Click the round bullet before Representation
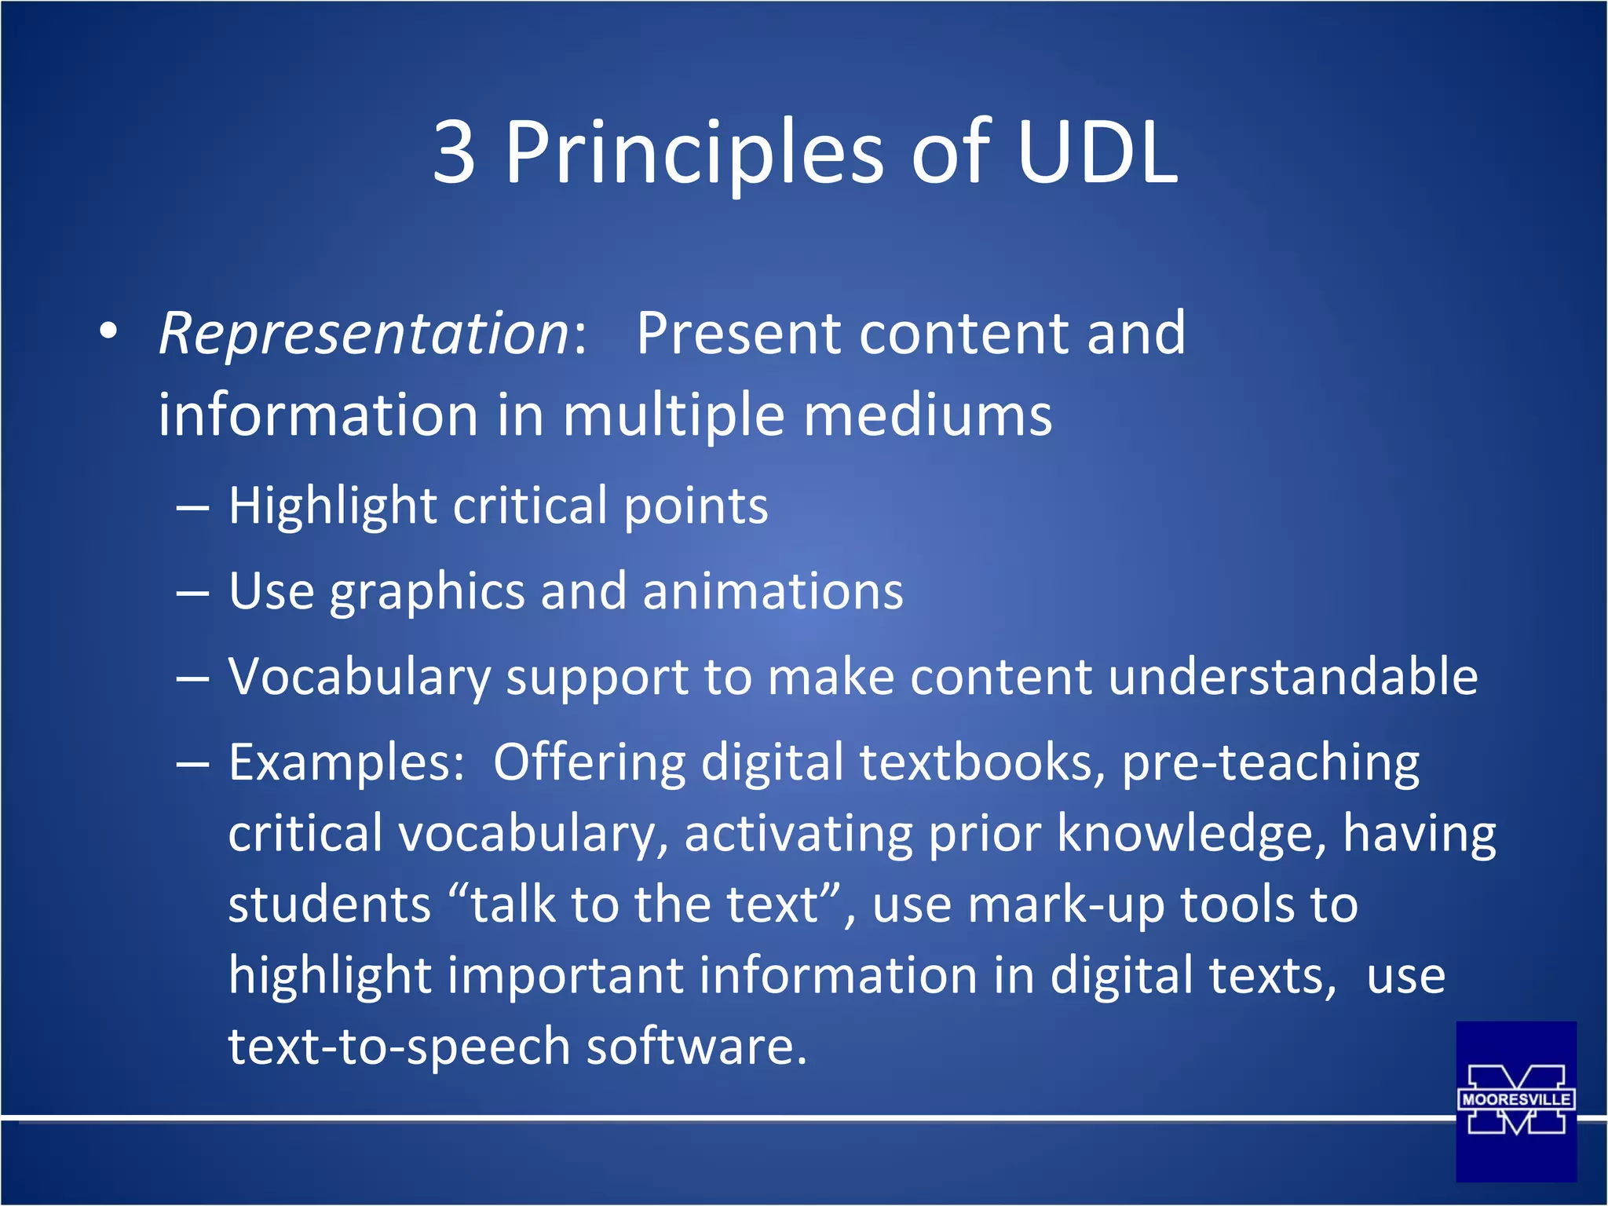coord(108,331)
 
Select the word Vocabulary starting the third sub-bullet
coord(358,677)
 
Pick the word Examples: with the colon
coord(346,762)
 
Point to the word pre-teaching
coord(1270,764)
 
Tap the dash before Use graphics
coord(192,593)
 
